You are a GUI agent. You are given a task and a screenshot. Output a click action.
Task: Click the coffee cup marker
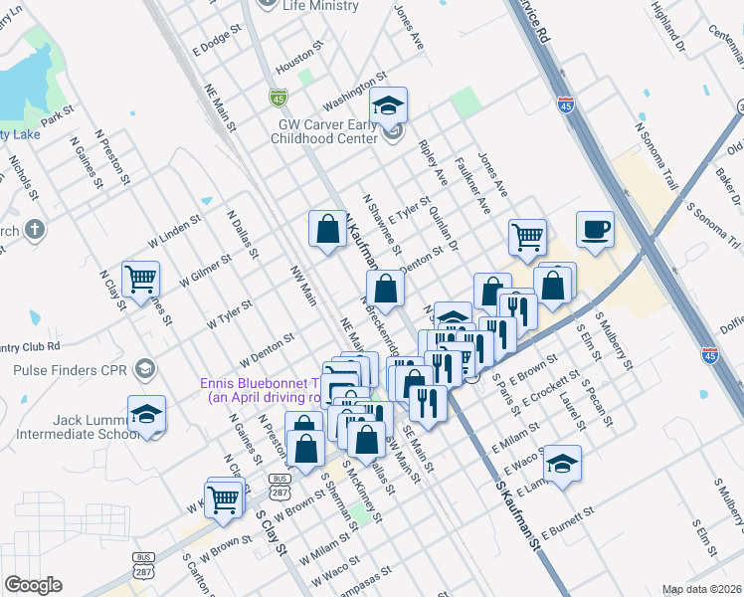(595, 230)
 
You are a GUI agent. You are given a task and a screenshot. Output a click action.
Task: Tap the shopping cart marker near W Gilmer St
(141, 280)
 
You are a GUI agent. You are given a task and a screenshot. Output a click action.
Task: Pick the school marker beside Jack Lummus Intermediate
(147, 413)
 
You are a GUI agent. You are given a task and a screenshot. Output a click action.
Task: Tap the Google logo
(33, 585)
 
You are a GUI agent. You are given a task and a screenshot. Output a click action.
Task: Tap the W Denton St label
(267, 350)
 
